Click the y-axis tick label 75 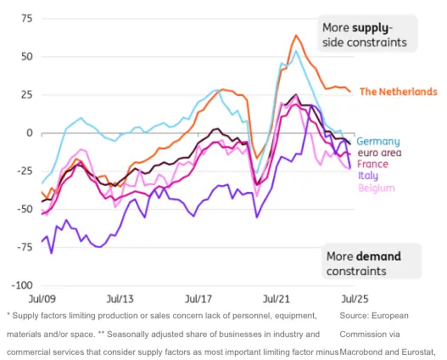[x=28, y=18]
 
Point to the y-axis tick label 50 [x=28, y=56]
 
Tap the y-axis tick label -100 [x=23, y=286]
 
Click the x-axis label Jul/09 [x=42, y=300]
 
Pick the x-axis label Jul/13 [x=120, y=300]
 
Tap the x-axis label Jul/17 [x=198, y=300]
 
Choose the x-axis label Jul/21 [x=277, y=300]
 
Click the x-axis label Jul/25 [x=355, y=300]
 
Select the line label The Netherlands [x=398, y=92]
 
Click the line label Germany [x=378, y=141]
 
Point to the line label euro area [x=380, y=153]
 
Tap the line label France [x=374, y=164]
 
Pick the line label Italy [x=369, y=176]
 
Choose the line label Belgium [x=376, y=188]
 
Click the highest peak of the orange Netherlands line [x=296, y=36]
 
